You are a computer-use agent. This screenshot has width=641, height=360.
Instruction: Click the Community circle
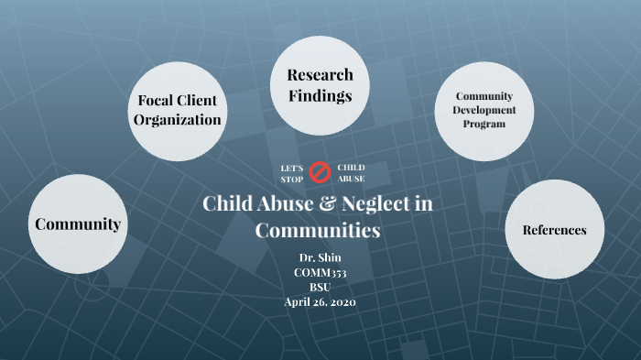point(78,224)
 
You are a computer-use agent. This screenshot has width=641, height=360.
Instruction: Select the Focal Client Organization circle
point(178,110)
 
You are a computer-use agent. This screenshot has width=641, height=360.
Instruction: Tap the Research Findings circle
point(320,85)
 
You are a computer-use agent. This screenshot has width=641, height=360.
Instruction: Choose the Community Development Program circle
point(484,110)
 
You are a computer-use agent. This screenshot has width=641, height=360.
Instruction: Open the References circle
point(554,230)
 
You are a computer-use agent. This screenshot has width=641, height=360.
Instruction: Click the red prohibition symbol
point(320,172)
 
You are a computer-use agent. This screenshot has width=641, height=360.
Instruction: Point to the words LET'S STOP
point(291,173)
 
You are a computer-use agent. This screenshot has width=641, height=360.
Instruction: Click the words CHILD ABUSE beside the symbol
point(351,173)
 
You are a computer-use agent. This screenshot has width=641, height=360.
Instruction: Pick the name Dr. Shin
point(320,256)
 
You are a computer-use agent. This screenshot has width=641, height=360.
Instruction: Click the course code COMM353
point(320,272)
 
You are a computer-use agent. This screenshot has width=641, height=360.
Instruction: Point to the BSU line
point(320,287)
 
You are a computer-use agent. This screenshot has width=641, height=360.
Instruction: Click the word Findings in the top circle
point(320,95)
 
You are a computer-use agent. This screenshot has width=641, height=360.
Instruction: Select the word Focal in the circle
point(155,101)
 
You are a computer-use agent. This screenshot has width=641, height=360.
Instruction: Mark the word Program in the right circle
point(484,124)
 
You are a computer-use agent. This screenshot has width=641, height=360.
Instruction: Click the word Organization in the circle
point(178,120)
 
